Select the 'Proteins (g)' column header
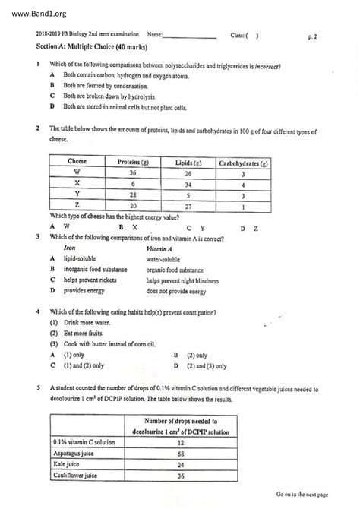tap(132, 162)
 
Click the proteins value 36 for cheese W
tap(132, 173)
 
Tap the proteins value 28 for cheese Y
tap(132, 194)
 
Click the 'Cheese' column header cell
tap(77, 162)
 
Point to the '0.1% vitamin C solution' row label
tap(84, 441)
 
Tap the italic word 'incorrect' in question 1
tap(265, 66)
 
